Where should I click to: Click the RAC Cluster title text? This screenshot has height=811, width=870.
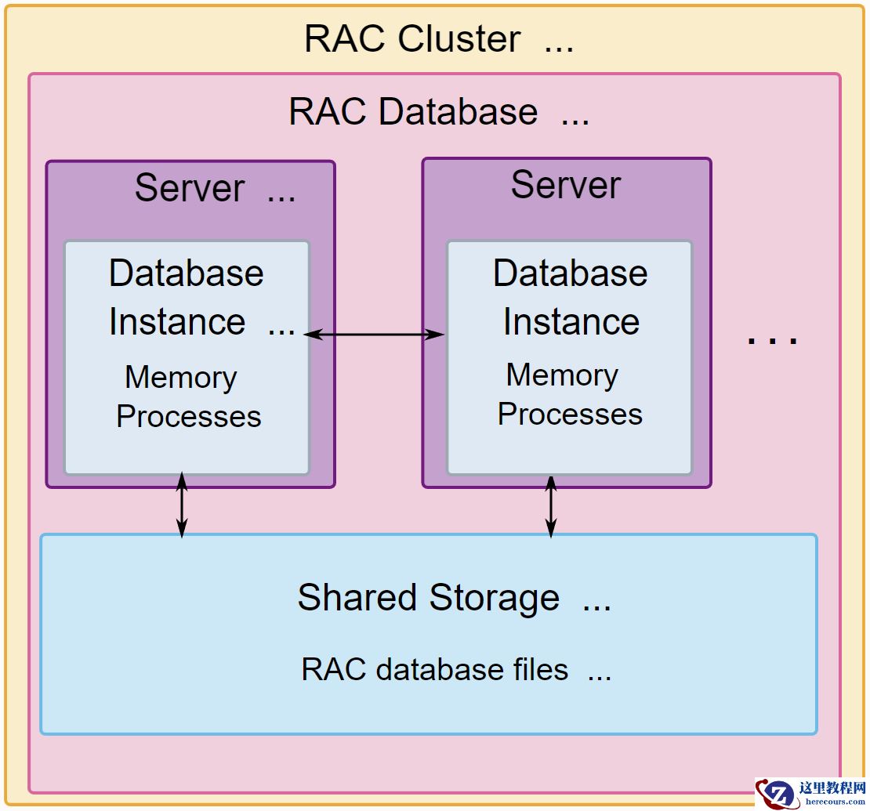click(411, 39)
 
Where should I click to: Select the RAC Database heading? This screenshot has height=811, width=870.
click(413, 112)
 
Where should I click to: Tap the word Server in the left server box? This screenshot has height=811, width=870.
click(190, 188)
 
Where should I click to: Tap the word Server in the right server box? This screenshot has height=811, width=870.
click(566, 185)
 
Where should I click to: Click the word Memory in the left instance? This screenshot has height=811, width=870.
click(180, 378)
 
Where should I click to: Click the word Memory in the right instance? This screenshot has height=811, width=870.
click(562, 375)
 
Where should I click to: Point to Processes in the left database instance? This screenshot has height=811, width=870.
click(188, 416)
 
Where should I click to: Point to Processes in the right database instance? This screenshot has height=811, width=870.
click(570, 414)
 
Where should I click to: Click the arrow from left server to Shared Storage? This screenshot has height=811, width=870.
click(182, 505)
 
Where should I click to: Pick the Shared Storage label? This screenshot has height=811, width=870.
click(428, 598)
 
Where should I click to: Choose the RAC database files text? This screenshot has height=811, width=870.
click(435, 670)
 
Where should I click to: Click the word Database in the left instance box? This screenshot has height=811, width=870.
click(187, 273)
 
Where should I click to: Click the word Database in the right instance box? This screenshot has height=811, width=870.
click(571, 273)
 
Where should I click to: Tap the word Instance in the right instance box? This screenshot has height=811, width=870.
click(571, 322)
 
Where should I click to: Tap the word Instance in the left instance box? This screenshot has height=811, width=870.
click(177, 322)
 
